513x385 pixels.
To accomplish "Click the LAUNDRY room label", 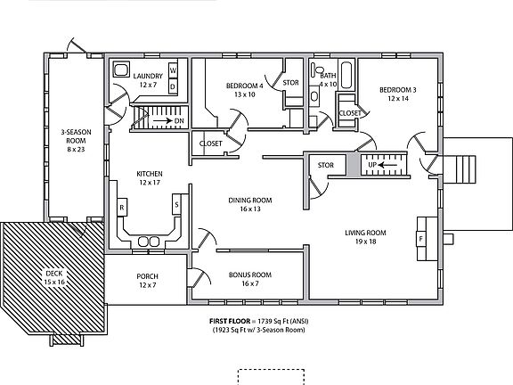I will [148, 77].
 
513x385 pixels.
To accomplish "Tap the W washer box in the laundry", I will [174, 70].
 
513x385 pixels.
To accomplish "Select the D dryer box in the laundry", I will [174, 86].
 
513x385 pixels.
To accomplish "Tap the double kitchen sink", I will [150, 240].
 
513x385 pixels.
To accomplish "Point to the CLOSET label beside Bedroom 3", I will [350, 113].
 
